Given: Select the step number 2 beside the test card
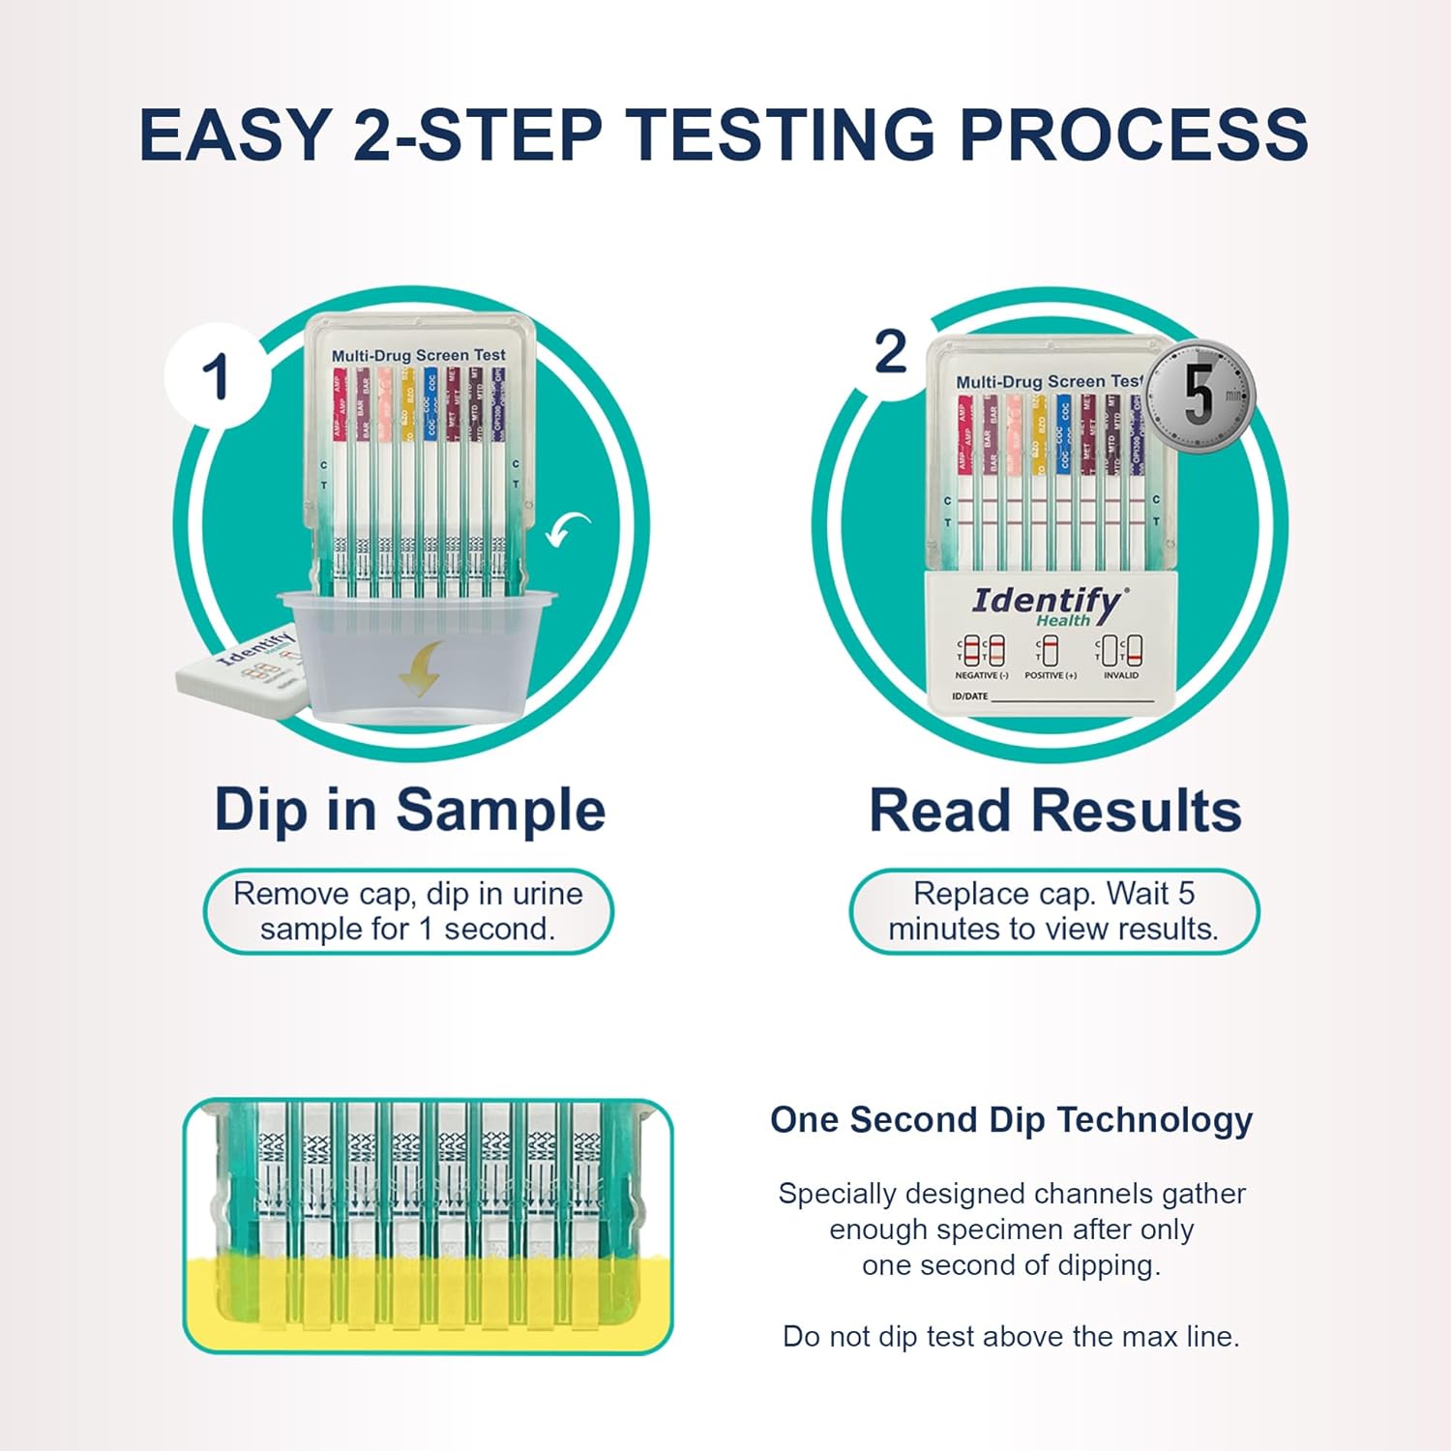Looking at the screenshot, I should coord(890,351).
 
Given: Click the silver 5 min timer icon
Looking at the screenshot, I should coord(1200,397).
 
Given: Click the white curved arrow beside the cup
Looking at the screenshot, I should coord(568,528).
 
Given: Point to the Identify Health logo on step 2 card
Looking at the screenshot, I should coord(1049,606).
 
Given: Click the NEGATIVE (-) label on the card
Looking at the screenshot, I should coord(982,675).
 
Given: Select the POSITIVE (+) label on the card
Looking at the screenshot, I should coord(1051,675).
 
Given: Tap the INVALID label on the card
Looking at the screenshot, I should coord(1121,675).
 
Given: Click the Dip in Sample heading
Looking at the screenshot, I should coord(409,810).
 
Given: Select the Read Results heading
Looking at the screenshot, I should coord(1054,811).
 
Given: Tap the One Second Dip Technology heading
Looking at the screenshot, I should coord(1011,1119).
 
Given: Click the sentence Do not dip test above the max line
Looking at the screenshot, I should coord(1011,1336).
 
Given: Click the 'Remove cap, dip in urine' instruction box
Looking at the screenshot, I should coord(407,910).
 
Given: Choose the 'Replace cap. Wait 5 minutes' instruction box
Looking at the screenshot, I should coord(1053,910).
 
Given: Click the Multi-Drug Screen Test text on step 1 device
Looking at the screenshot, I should coord(418,355).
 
